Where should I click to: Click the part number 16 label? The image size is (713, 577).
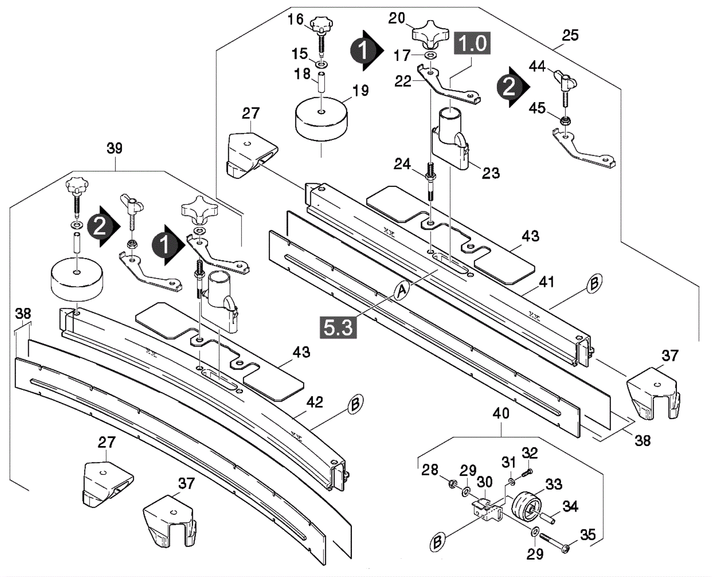click(x=295, y=20)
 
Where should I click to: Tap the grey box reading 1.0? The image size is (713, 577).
click(x=472, y=43)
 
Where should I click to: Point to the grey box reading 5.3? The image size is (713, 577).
click(x=338, y=327)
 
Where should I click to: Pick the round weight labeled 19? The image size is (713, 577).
click(x=321, y=119)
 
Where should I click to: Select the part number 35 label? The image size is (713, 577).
click(x=588, y=535)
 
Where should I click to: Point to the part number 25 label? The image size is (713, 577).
click(x=570, y=35)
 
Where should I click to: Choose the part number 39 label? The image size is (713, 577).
click(x=115, y=148)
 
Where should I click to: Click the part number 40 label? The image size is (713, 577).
click(x=501, y=413)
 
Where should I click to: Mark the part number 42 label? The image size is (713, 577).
click(x=315, y=402)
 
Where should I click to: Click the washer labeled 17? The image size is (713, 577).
click(x=430, y=55)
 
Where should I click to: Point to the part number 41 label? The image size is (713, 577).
click(x=547, y=282)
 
